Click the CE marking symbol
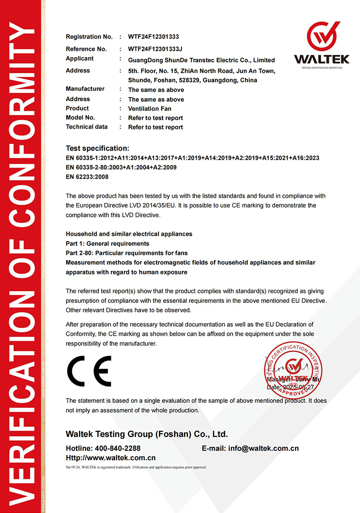point(89,371)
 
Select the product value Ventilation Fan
point(149,108)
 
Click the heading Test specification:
point(98,148)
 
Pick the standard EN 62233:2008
point(87,177)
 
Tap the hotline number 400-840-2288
point(117,448)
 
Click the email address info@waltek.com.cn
point(263,448)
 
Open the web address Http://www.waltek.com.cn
point(111,458)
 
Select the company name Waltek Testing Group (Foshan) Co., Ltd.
point(147,434)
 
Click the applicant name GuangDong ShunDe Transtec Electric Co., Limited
point(201,60)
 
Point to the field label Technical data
point(86,127)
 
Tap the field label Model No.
point(80,117)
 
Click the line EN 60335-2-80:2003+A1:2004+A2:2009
point(121,167)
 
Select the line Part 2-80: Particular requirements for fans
point(126,253)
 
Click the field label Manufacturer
point(85,89)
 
